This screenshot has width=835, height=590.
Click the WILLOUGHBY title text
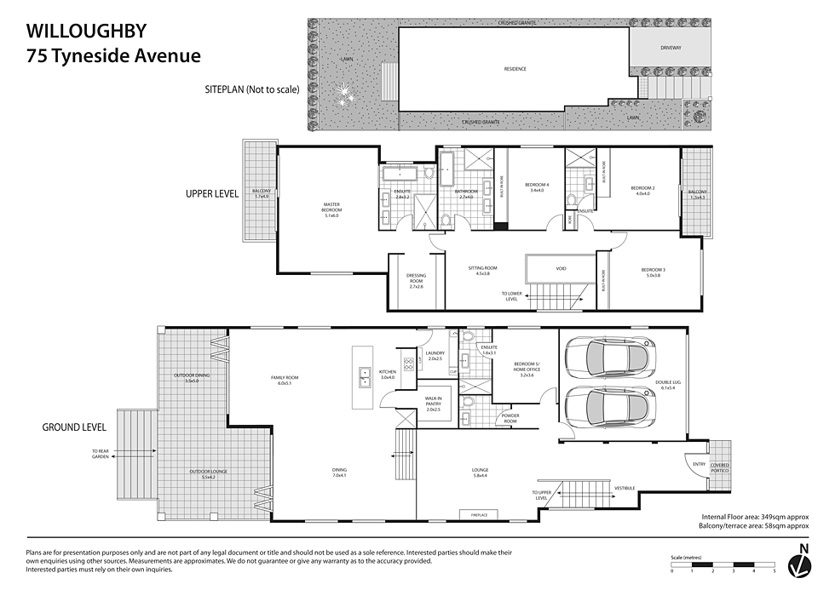coord(87,32)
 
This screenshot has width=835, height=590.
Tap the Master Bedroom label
coord(331,208)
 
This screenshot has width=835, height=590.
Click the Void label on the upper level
coord(561,269)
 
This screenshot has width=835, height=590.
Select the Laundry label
coord(435,356)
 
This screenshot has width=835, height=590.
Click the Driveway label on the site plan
coord(671,48)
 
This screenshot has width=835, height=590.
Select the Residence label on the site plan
coord(515,69)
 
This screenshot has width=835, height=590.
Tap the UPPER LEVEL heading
coord(212,193)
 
